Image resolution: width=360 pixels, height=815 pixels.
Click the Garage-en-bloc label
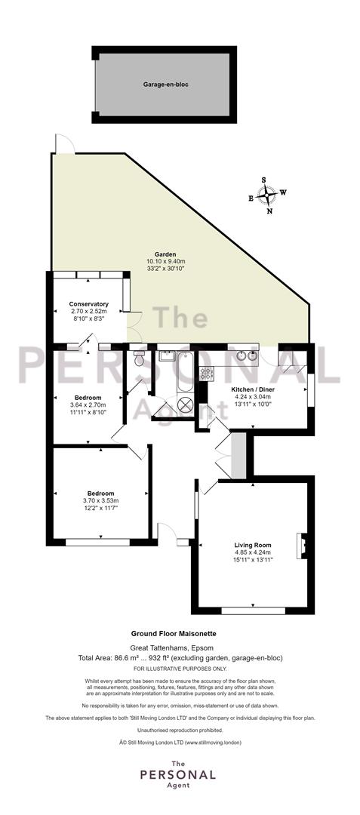pyautogui.click(x=162, y=85)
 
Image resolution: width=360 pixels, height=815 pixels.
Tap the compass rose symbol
pyautogui.click(x=267, y=195)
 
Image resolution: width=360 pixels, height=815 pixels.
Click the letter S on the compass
pyautogui.click(x=264, y=180)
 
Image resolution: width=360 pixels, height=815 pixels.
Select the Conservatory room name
pyautogui.click(x=88, y=304)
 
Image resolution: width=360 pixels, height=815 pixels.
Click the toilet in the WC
pyautogui.click(x=138, y=358)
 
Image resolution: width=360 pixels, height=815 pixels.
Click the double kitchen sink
pyautogui.click(x=246, y=356)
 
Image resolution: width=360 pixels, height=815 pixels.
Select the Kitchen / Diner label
pyautogui.click(x=253, y=389)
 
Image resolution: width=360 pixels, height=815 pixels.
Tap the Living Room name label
pyautogui.click(x=253, y=545)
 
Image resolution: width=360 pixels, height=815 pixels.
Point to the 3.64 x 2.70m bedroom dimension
pyautogui.click(x=88, y=405)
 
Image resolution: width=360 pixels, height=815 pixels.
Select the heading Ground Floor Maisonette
pyautogui.click(x=174, y=634)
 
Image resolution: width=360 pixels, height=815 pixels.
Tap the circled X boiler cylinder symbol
pyautogui.click(x=185, y=404)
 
